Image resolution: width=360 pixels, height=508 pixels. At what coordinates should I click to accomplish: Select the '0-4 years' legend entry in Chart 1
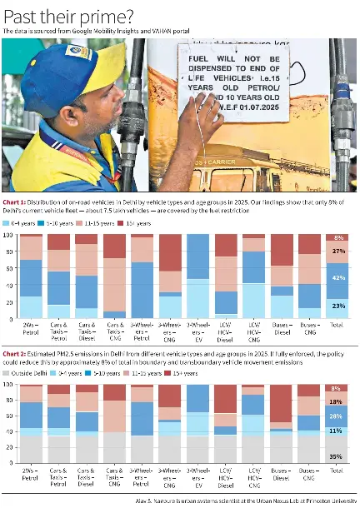click(18, 223)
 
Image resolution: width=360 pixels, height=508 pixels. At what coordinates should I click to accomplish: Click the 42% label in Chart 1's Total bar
click(338, 278)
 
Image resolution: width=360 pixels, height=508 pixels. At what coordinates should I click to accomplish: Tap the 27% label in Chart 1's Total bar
click(338, 251)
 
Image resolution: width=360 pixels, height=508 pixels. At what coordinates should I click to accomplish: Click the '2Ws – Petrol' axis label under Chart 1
click(31, 329)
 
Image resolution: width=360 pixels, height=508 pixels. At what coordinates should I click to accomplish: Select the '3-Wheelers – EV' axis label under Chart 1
click(197, 331)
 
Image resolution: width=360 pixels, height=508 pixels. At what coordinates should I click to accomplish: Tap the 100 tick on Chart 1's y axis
click(9, 235)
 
